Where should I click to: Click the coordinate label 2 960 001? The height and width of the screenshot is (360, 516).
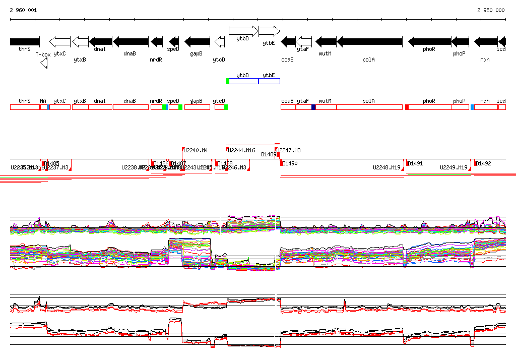click(23, 10)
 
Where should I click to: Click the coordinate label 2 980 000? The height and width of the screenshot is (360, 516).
click(491, 10)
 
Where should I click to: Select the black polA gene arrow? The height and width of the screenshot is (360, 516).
click(369, 41)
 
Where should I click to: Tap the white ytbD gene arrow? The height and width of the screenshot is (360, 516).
click(243, 31)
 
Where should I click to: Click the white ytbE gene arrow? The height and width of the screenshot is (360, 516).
click(269, 31)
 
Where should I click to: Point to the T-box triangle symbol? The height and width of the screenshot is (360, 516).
click(44, 62)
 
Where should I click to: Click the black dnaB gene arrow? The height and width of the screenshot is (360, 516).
click(131, 41)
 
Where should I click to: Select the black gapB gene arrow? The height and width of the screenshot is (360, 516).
click(197, 41)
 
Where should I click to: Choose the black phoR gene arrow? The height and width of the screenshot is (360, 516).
click(429, 41)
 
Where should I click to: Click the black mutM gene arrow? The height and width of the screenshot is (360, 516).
click(326, 41)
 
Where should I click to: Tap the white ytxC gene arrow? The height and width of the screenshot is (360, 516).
click(60, 41)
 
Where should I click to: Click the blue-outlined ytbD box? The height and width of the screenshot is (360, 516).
click(243, 81)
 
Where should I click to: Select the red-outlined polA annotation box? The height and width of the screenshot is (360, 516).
click(369, 107)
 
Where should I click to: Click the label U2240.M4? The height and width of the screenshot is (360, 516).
click(196, 150)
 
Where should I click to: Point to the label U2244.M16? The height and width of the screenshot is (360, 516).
click(242, 150)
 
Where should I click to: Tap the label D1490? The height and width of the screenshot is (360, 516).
click(290, 163)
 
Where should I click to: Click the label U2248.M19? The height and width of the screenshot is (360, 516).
click(386, 167)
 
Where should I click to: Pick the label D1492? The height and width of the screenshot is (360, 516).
click(484, 163)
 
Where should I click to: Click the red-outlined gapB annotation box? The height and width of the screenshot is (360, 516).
click(197, 107)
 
